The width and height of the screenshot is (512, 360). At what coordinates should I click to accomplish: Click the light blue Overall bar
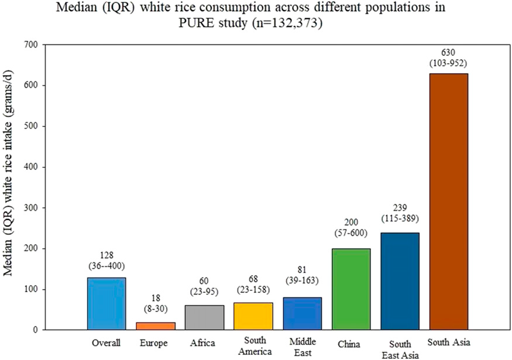(x=107, y=303)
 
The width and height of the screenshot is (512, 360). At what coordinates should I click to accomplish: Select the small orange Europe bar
(x=156, y=326)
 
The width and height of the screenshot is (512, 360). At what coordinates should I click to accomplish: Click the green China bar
(x=351, y=289)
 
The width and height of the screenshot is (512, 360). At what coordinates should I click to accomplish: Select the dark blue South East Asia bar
(x=400, y=281)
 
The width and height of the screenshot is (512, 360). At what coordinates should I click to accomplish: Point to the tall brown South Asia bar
(x=449, y=201)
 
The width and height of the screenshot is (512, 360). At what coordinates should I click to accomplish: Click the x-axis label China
(x=351, y=342)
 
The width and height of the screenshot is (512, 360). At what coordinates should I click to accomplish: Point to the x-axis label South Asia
(x=449, y=342)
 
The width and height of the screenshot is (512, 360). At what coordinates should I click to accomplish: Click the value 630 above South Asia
(x=449, y=52)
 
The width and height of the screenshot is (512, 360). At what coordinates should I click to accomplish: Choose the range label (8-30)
(x=156, y=309)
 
